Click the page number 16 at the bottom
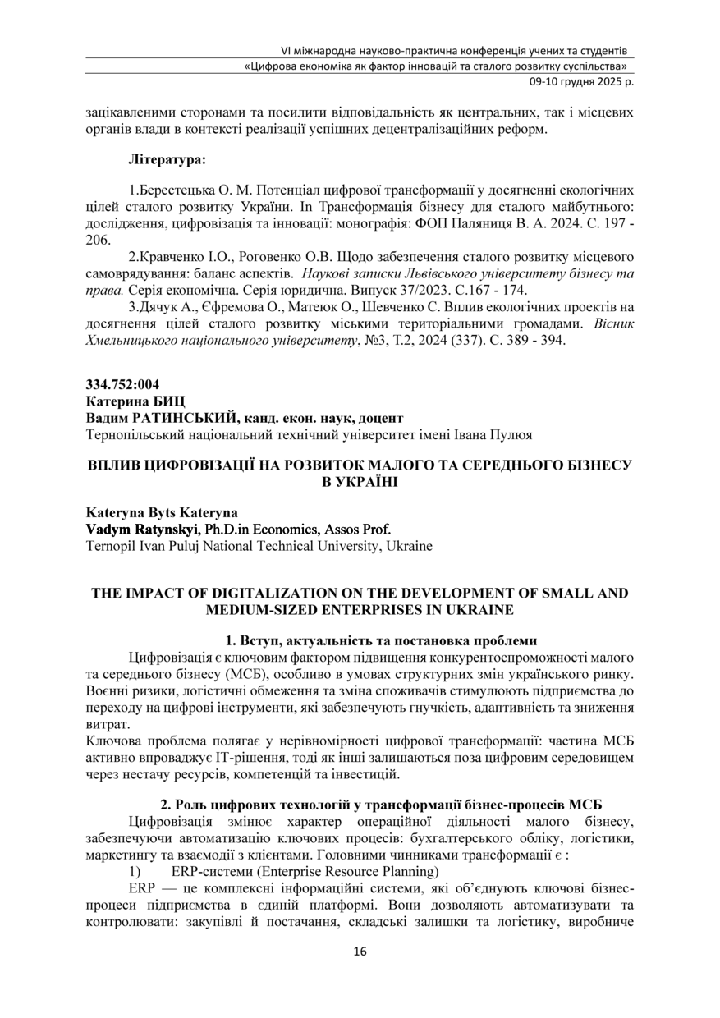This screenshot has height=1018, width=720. (360, 952)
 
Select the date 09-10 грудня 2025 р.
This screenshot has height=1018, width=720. (578, 81)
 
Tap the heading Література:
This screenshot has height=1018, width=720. (167, 156)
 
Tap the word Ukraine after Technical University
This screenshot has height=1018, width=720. (408, 544)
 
